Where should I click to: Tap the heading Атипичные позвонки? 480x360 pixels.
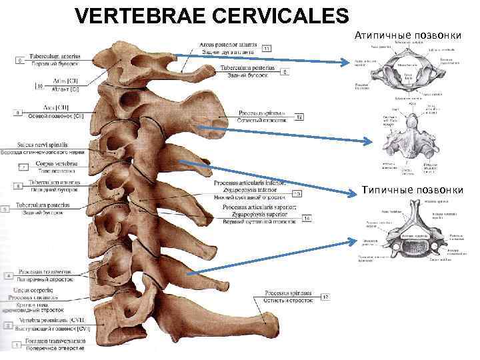point(409,34)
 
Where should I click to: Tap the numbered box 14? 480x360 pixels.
point(307,218)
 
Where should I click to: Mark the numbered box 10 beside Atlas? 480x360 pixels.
point(39,86)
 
